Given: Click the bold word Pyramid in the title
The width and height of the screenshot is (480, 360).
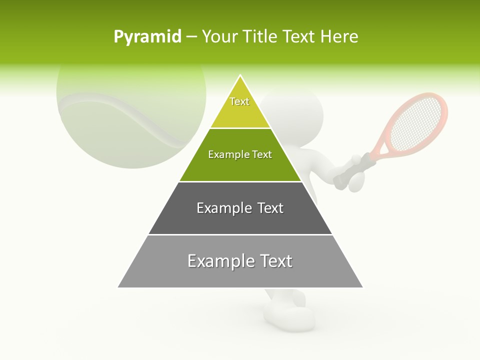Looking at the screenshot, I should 147,37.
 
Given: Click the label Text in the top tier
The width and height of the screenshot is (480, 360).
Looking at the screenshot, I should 239,101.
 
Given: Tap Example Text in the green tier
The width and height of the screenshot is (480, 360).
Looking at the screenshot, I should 240,154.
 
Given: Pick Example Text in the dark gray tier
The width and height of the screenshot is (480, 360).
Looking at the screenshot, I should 240,208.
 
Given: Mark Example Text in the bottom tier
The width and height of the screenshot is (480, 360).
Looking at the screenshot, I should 240,261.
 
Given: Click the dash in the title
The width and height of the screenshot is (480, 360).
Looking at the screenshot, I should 191,37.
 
